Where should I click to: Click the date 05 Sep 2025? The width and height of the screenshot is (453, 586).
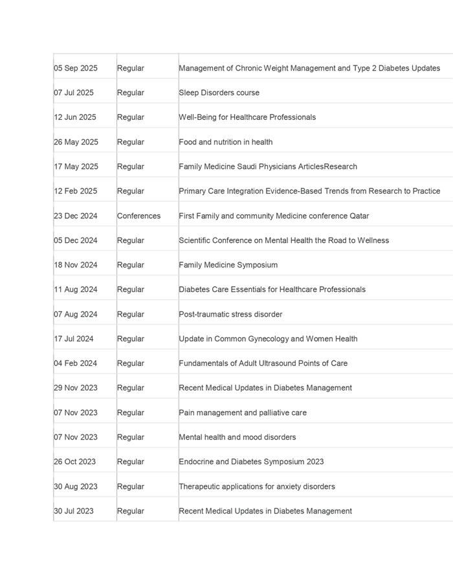coord(75,68)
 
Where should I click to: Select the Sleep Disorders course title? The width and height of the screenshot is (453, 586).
coord(219,93)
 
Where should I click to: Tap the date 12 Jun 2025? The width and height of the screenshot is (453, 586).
coord(74,117)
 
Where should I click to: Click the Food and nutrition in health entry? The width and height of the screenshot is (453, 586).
coord(225,142)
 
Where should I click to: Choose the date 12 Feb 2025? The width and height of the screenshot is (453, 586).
coord(75,191)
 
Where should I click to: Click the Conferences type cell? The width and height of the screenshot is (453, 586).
coord(138,216)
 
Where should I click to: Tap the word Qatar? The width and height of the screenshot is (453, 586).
coord(359,216)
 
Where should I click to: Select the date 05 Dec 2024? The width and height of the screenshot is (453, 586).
coord(75,240)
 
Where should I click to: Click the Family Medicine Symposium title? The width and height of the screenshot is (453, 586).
coord(228,265)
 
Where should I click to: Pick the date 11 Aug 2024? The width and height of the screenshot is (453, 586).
coord(75,289)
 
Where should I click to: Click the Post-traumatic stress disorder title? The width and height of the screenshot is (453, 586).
coord(230,314)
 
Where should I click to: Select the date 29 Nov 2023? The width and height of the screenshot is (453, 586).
coord(75,388)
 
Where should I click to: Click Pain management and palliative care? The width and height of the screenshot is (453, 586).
coord(243,412)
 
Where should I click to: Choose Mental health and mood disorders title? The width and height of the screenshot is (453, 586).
coord(237,437)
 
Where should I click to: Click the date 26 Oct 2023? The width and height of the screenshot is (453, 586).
coord(74,462)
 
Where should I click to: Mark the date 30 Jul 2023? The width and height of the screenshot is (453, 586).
coord(73,511)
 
